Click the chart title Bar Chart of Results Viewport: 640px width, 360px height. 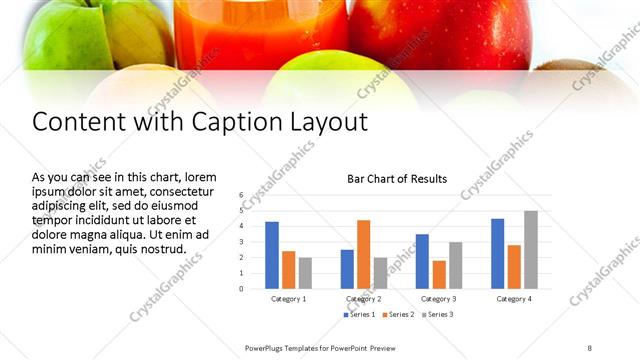click(396, 179)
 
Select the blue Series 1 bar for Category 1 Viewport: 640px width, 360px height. click(272, 256)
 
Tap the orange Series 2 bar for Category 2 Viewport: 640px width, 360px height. click(363, 255)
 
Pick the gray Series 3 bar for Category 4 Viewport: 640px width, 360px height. click(530, 250)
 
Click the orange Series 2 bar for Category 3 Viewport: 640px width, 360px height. click(438, 275)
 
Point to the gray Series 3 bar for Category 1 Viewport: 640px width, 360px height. click(305, 273)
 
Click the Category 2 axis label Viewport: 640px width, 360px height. click(363, 299)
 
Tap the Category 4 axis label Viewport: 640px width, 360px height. click(514, 299)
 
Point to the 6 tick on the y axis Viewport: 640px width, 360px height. click(242, 194)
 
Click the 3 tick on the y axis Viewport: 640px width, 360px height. click(242, 242)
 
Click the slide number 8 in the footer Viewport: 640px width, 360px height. click(589, 347)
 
